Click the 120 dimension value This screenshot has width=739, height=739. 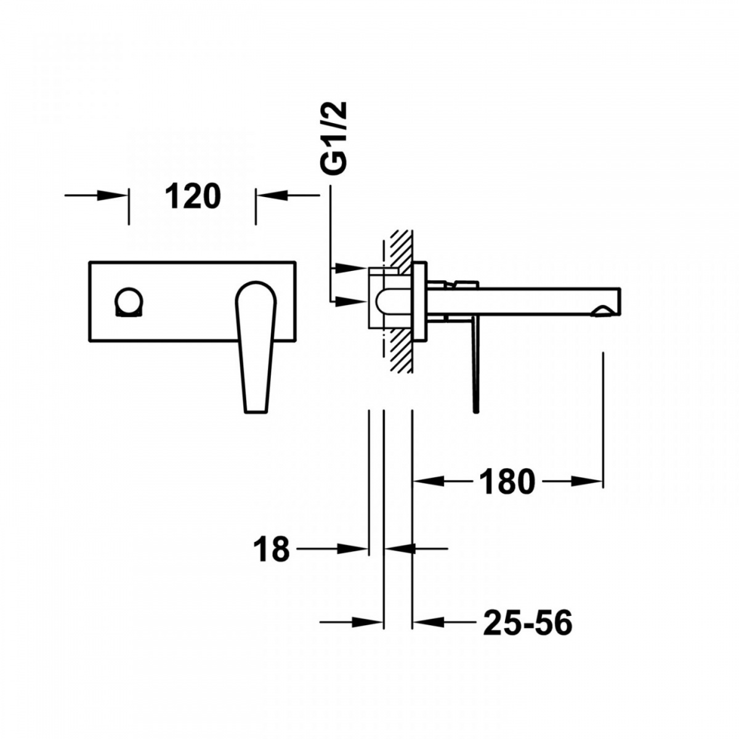193,196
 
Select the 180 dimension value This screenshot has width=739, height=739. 507,482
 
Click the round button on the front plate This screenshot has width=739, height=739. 129,302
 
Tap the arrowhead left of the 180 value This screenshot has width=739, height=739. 429,482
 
